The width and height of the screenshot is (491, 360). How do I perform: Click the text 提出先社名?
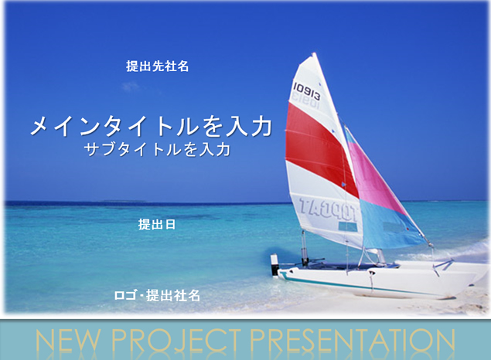click(x=157, y=66)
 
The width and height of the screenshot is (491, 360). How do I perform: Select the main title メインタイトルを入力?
click(x=151, y=126)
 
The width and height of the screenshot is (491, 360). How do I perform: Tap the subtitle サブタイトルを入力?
click(x=157, y=149)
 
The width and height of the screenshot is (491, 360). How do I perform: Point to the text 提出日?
click(x=157, y=224)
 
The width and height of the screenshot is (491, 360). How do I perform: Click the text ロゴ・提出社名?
click(x=157, y=295)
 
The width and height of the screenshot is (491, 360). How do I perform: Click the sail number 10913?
click(x=307, y=91)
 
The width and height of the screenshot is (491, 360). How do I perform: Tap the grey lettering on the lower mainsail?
click(x=327, y=209)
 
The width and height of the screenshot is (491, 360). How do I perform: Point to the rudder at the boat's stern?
click(x=274, y=265)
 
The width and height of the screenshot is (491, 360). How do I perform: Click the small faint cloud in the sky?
click(x=131, y=86)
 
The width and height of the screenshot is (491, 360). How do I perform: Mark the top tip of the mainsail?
click(x=314, y=53)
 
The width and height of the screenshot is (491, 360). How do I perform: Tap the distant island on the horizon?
click(x=124, y=201)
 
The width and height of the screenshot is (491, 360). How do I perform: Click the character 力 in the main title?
click(x=261, y=126)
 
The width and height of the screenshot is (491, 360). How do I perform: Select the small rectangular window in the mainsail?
click(x=348, y=226)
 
